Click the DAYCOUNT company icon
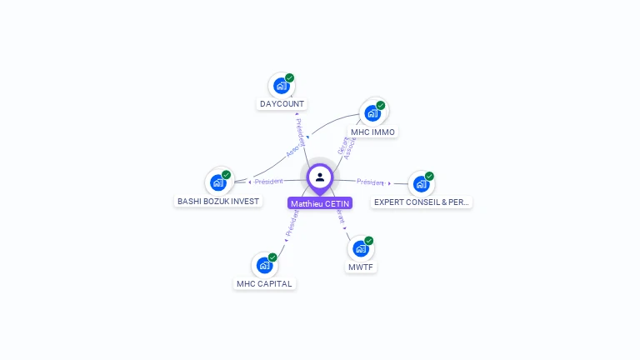tap(282, 86)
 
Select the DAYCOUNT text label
tap(282, 104)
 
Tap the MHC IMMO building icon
tap(372, 113)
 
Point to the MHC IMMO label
tap(372, 132)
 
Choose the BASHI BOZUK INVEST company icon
tap(218, 182)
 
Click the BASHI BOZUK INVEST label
tap(219, 202)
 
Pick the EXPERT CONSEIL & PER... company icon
tap(421, 183)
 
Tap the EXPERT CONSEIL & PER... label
tap(422, 202)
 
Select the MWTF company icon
tap(360, 248)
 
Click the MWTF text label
tap(361, 267)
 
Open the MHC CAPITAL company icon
tap(264, 265)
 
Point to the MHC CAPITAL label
tap(264, 284)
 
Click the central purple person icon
tap(320, 177)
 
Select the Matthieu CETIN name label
tap(320, 203)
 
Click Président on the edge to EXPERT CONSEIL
tap(370, 182)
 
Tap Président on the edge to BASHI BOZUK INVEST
tap(269, 182)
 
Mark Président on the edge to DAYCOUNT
tap(300, 132)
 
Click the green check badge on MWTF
tap(368, 241)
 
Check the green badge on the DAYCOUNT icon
tap(289, 78)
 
